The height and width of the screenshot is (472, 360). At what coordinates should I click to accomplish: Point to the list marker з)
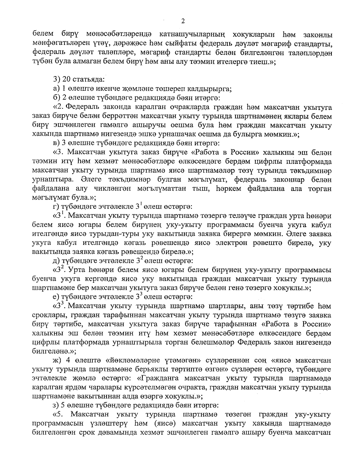(55, 405)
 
